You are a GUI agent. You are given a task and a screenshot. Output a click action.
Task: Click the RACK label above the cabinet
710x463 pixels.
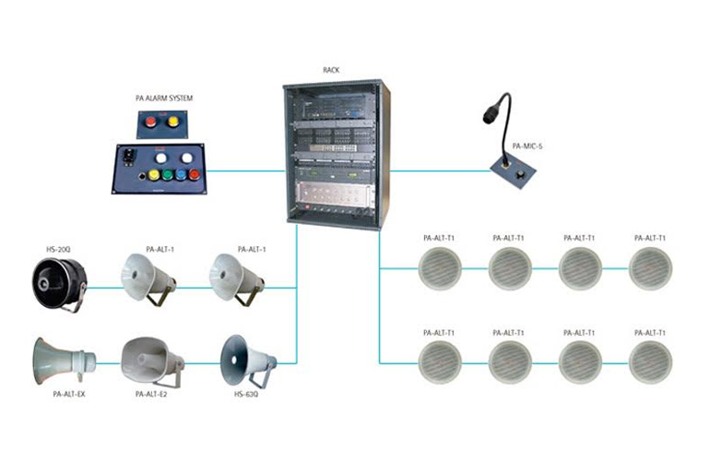(332, 70)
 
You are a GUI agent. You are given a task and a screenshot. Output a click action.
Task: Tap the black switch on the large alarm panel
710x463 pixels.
(129, 157)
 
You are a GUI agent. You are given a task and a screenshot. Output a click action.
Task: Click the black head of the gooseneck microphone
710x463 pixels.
(489, 115)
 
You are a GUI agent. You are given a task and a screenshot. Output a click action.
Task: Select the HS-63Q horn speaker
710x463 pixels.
(245, 357)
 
